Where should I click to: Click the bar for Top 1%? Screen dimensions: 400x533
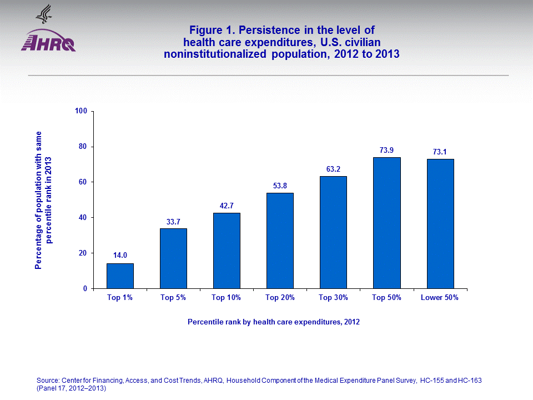coord(120,276)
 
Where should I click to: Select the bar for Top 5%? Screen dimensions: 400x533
coord(173,258)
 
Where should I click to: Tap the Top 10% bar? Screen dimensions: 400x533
coord(227,251)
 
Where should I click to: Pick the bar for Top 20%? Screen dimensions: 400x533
coord(280,241)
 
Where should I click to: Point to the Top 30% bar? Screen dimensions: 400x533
coord(333,232)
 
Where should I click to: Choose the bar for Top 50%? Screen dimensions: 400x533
coord(386,223)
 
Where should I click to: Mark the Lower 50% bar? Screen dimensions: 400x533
coord(440,223)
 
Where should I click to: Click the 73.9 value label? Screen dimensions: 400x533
coord(386,150)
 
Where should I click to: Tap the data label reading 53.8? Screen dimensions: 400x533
coord(280,186)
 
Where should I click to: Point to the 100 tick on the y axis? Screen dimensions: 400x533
coord(82,111)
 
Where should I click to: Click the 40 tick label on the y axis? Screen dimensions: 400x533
coord(84,218)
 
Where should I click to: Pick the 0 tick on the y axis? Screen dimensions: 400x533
coord(86,289)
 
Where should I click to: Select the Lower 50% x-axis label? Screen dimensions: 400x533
coord(440,298)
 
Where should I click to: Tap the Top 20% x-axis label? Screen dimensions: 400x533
coord(280,298)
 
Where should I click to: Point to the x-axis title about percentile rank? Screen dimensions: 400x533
coord(273,322)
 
